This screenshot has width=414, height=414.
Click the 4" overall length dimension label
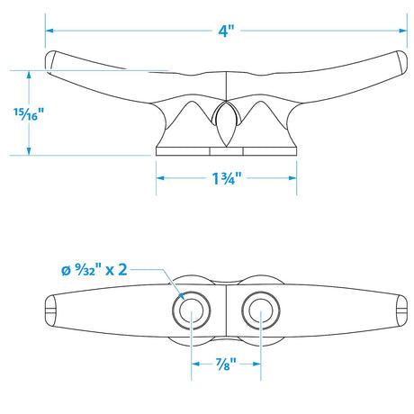coord(226,31)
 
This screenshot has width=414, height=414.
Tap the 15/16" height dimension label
coord(29,114)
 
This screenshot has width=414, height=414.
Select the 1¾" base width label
coord(227,178)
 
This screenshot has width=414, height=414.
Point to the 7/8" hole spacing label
coord(226,364)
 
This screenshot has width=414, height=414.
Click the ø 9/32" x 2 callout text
coord(94,270)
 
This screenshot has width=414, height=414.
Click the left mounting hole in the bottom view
coord(192,310)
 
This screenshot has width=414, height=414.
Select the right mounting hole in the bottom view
coord(261,310)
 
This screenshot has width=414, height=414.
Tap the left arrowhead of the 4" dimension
coord(49,31)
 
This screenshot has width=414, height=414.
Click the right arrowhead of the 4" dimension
coord(403,31)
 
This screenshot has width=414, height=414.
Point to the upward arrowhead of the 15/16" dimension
coord(29,75)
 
